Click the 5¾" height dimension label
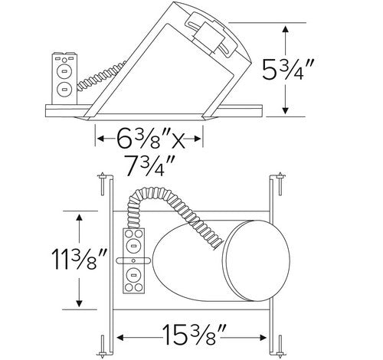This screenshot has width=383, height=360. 287,70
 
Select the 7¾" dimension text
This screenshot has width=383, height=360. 149,165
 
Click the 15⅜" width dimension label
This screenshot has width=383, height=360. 194,335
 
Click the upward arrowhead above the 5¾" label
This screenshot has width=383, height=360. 286,28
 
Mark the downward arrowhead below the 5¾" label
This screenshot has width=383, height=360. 286,110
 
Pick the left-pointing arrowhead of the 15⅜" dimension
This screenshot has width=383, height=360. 120,338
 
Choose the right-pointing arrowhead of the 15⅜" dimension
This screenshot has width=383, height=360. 263,338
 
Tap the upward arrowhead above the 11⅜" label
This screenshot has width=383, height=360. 79,218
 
